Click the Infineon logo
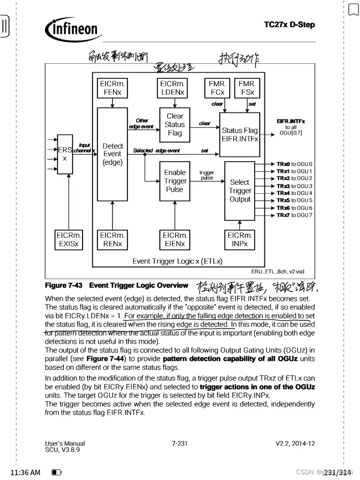tap(74, 30)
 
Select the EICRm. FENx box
tap(112, 88)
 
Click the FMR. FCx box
tap(217, 88)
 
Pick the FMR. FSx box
tap(247, 88)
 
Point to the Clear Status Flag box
tap(175, 124)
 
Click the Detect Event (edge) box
tap(112, 154)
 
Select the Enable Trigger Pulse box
tap(175, 181)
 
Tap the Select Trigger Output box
tap(240, 190)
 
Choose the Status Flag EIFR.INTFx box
tap(240, 135)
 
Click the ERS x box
tap(65, 154)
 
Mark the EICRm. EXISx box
tap(69, 240)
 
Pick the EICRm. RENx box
tap(112, 240)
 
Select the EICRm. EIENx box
tap(174, 240)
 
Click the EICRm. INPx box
tap(240, 240)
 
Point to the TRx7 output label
tap(283, 215)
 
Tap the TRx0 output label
tap(283, 164)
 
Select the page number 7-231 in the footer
tap(180, 443)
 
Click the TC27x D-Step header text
tap(289, 25)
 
